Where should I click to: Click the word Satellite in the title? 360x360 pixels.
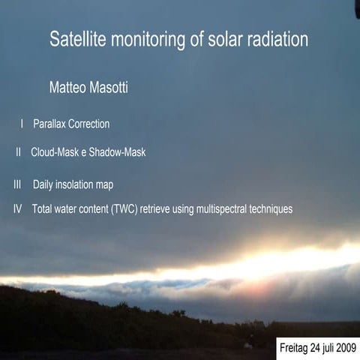pyautogui.click(x=77, y=40)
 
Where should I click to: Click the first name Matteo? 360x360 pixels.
pyautogui.click(x=69, y=88)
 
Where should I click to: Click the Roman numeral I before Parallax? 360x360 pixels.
pyautogui.click(x=22, y=124)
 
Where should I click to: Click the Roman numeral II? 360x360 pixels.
pyautogui.click(x=19, y=152)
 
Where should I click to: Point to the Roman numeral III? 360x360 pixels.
pyautogui.click(x=17, y=184)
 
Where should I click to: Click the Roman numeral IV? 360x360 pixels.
pyautogui.click(x=17, y=208)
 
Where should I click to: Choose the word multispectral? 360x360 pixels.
pyautogui.click(x=221, y=208)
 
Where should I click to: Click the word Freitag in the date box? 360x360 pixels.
pyautogui.click(x=294, y=349)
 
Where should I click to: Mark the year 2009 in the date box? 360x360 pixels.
pyautogui.click(x=346, y=349)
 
